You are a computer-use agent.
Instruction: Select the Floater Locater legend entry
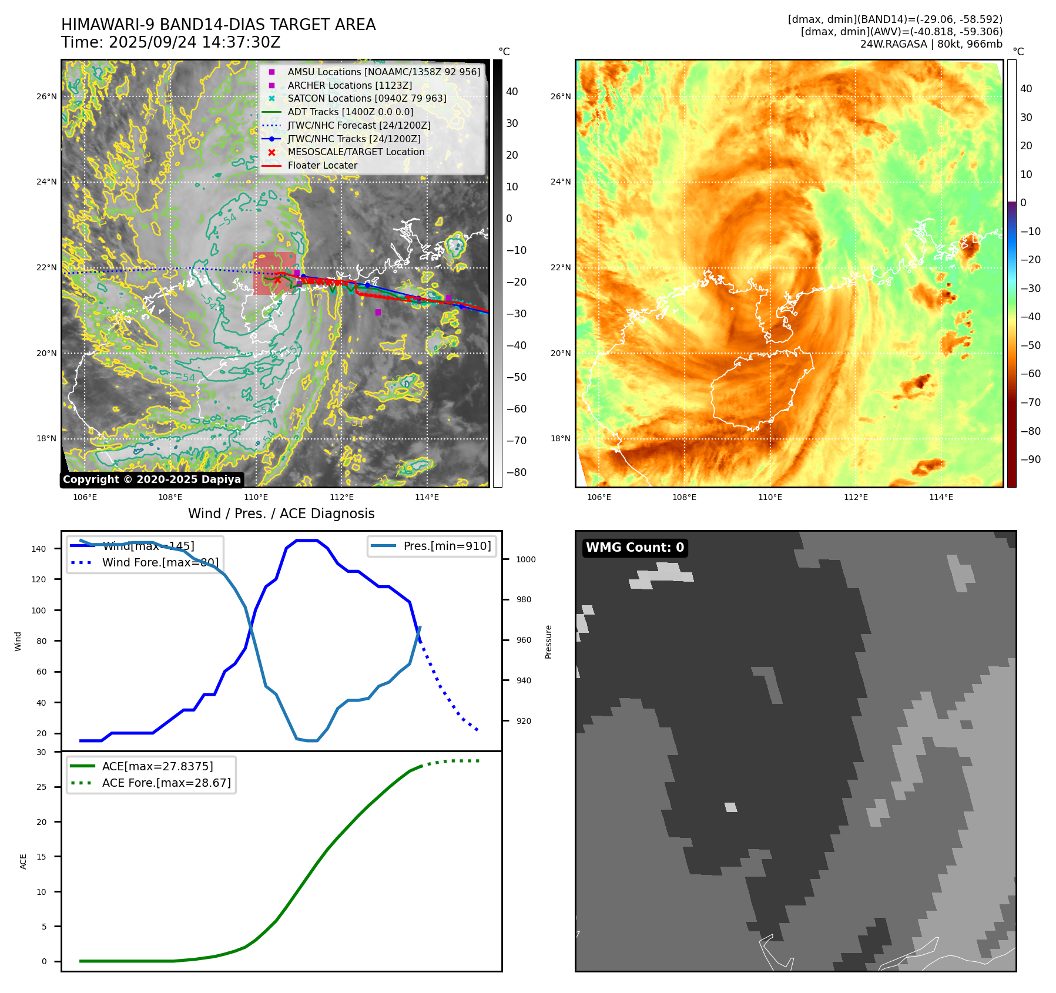(322, 166)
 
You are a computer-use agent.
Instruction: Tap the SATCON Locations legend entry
(367, 99)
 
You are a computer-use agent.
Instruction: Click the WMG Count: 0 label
(635, 548)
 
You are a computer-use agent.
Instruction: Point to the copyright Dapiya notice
(152, 479)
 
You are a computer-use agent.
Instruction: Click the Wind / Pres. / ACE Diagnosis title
(281, 514)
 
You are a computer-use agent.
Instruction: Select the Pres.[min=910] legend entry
(447, 546)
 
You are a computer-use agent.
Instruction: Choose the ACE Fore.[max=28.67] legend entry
(166, 783)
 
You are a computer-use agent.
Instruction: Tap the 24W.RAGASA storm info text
(931, 44)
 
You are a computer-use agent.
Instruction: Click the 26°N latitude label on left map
(47, 97)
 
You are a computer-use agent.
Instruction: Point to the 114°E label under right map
(941, 497)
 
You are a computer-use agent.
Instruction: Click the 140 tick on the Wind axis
(39, 549)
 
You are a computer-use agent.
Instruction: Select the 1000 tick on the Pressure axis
(526, 559)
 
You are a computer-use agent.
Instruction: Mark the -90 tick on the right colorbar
(1031, 459)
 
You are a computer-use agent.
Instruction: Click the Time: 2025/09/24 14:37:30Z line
(171, 42)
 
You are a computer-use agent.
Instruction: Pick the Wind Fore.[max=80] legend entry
(160, 562)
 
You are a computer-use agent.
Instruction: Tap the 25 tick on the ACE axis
(42, 787)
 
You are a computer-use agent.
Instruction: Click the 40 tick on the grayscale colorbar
(512, 92)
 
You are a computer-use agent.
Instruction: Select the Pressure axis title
(548, 642)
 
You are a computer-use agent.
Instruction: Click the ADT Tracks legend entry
(350, 112)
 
